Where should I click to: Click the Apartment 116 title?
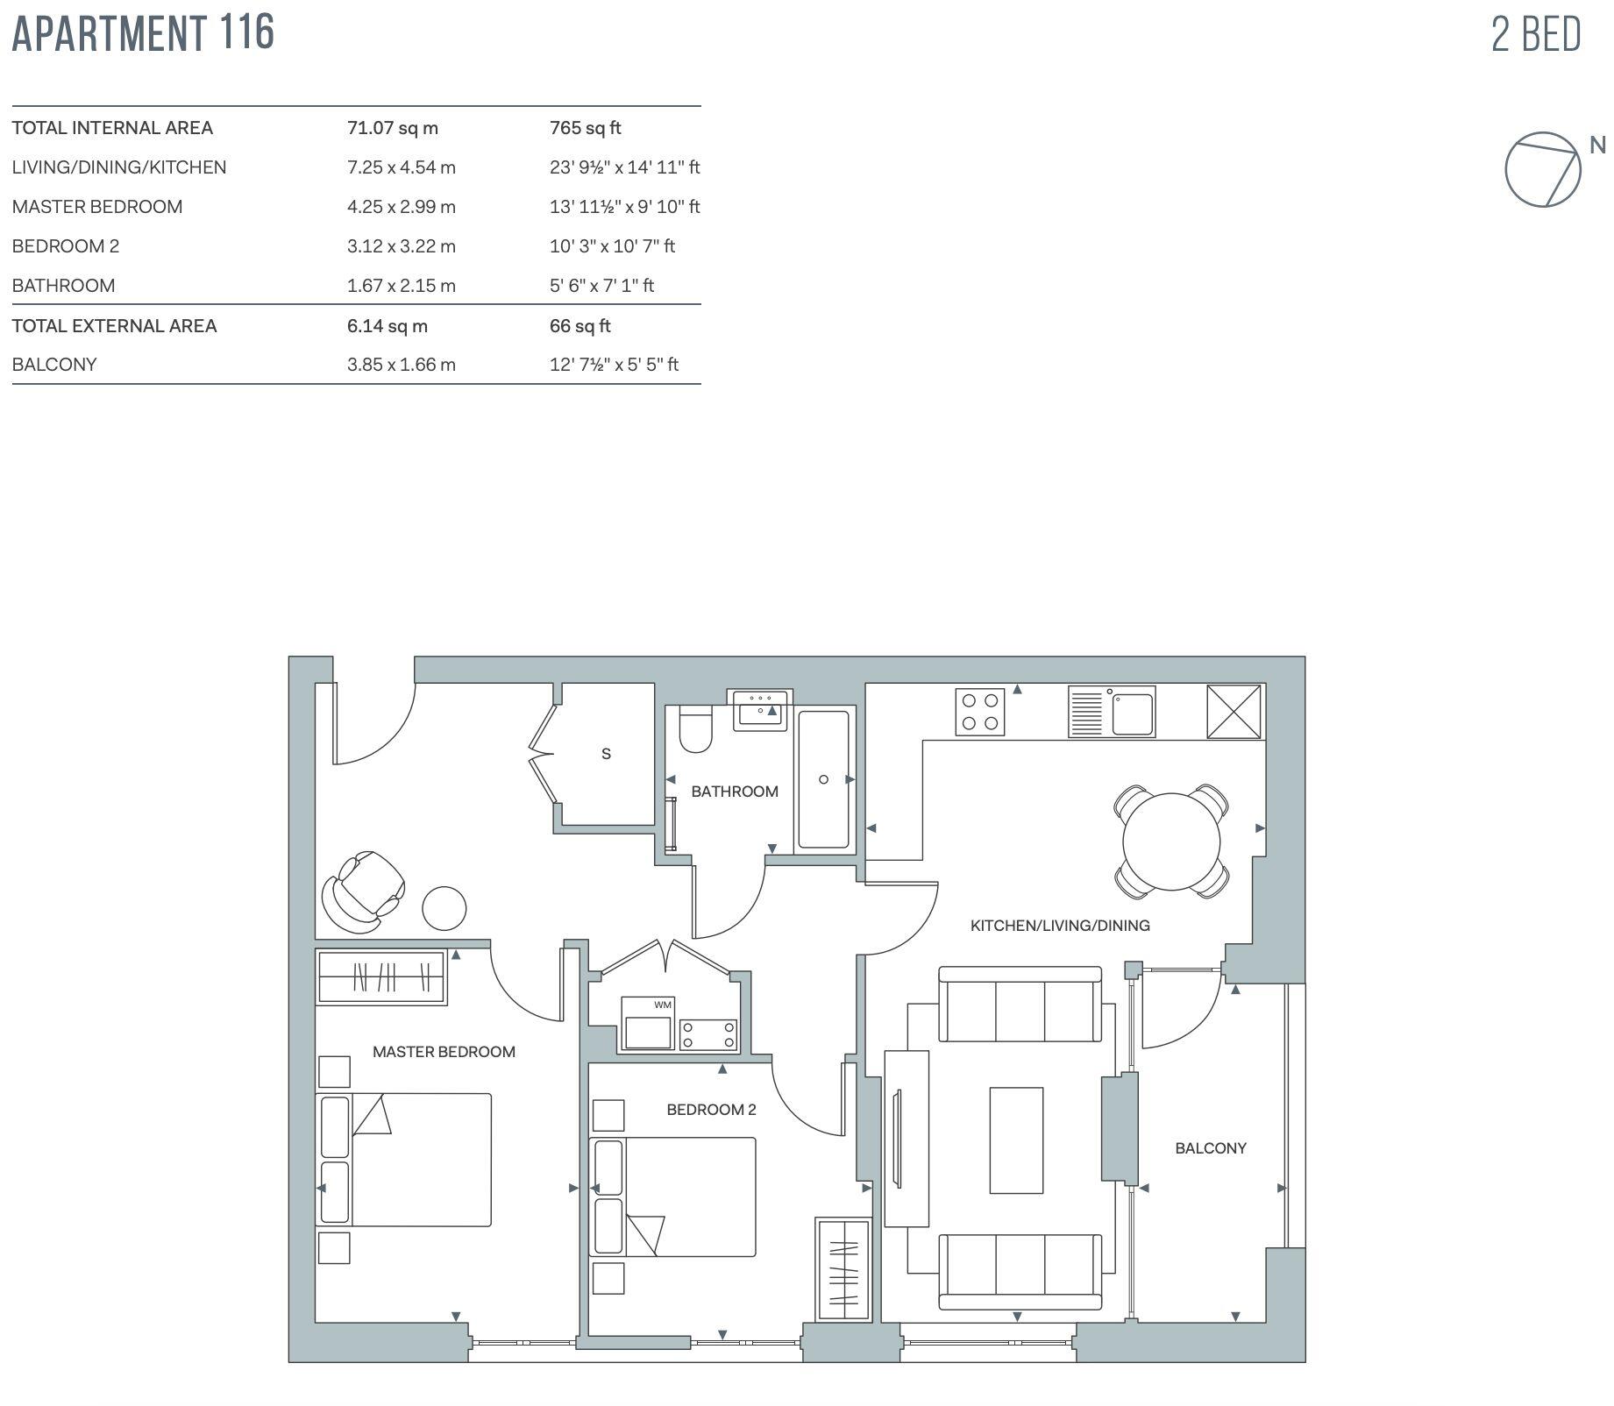click(x=143, y=33)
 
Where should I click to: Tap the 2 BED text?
click(x=1536, y=35)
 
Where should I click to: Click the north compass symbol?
click(x=1543, y=169)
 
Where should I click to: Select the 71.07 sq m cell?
click(x=392, y=128)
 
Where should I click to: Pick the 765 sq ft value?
click(x=585, y=128)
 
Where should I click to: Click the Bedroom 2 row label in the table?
click(x=66, y=246)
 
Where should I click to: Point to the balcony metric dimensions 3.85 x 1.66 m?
click(x=401, y=365)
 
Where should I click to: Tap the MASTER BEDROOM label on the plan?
click(x=444, y=1052)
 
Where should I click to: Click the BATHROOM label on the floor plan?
click(x=734, y=792)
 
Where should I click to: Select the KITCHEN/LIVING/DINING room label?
click(x=1059, y=925)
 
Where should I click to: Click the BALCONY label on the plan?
click(x=1210, y=1147)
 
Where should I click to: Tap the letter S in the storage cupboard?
click(x=606, y=754)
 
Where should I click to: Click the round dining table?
click(x=1170, y=841)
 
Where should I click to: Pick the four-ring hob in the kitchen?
click(x=979, y=712)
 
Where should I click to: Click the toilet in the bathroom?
click(x=696, y=731)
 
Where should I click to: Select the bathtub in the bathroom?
click(x=823, y=779)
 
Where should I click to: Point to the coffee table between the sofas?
click(x=1016, y=1140)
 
